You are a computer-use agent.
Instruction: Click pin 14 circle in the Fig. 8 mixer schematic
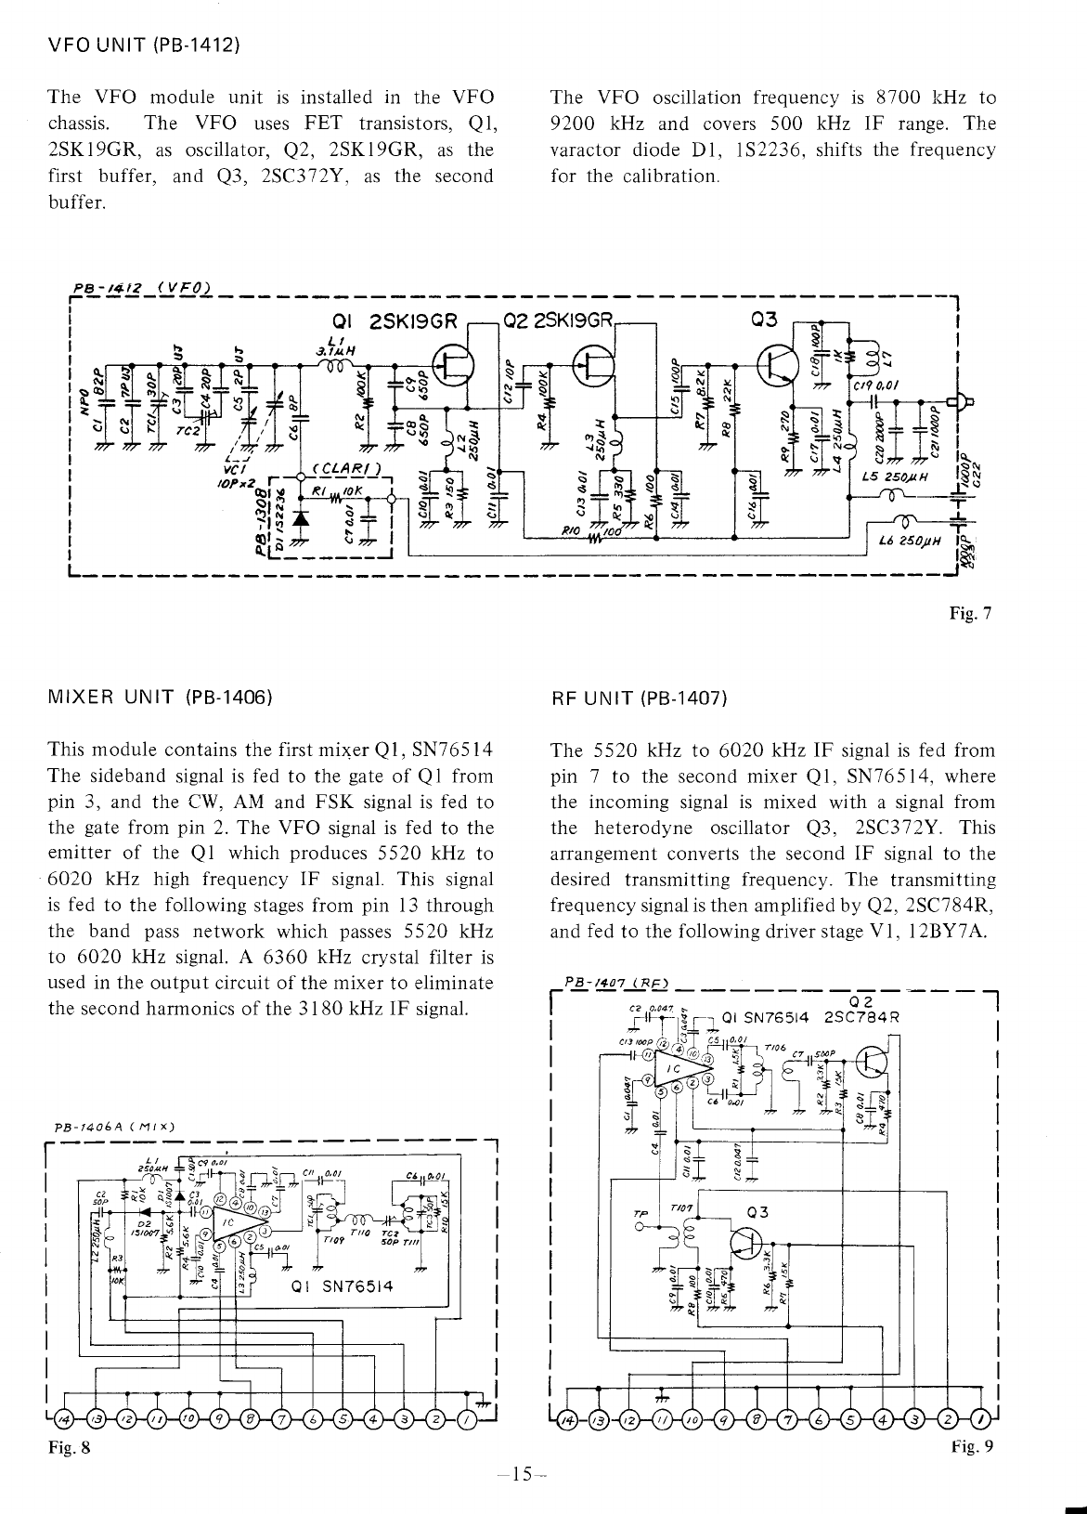(x=63, y=1422)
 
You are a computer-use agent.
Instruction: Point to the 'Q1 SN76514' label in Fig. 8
(x=343, y=1286)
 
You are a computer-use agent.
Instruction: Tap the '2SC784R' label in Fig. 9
(x=861, y=1016)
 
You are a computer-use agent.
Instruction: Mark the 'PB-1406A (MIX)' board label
(x=115, y=1127)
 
